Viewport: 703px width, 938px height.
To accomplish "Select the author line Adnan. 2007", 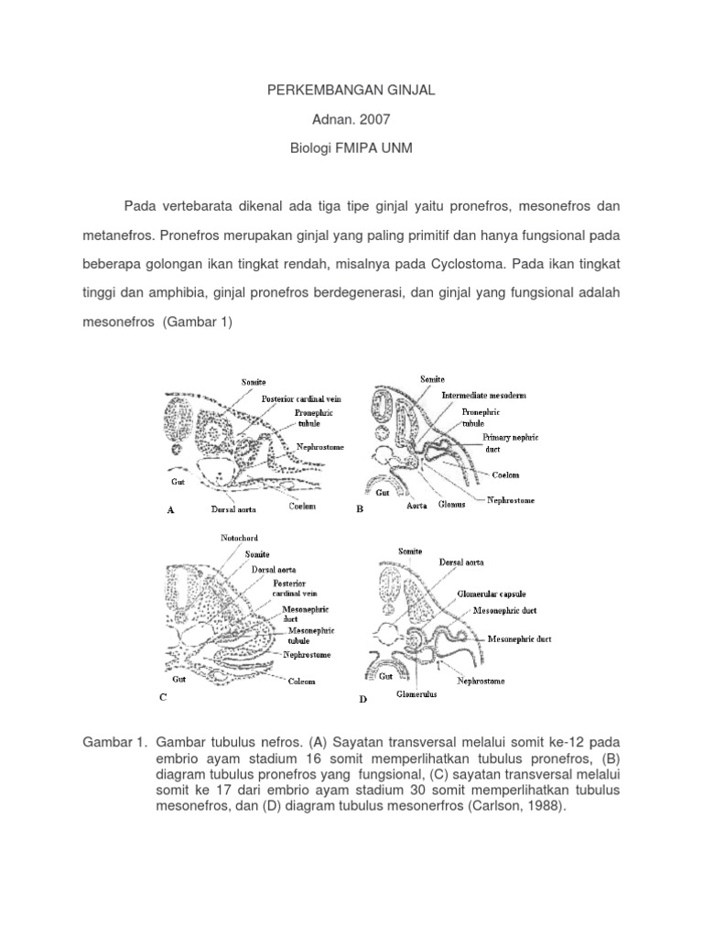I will point(351,118).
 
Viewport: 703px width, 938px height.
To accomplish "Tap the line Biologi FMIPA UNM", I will point(351,148).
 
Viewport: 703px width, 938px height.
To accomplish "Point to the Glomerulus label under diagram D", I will point(416,694).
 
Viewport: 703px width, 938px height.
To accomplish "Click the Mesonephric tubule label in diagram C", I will point(311,636).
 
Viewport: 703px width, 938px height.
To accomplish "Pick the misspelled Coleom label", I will point(304,682).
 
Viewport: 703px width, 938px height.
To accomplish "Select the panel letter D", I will point(362,700).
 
